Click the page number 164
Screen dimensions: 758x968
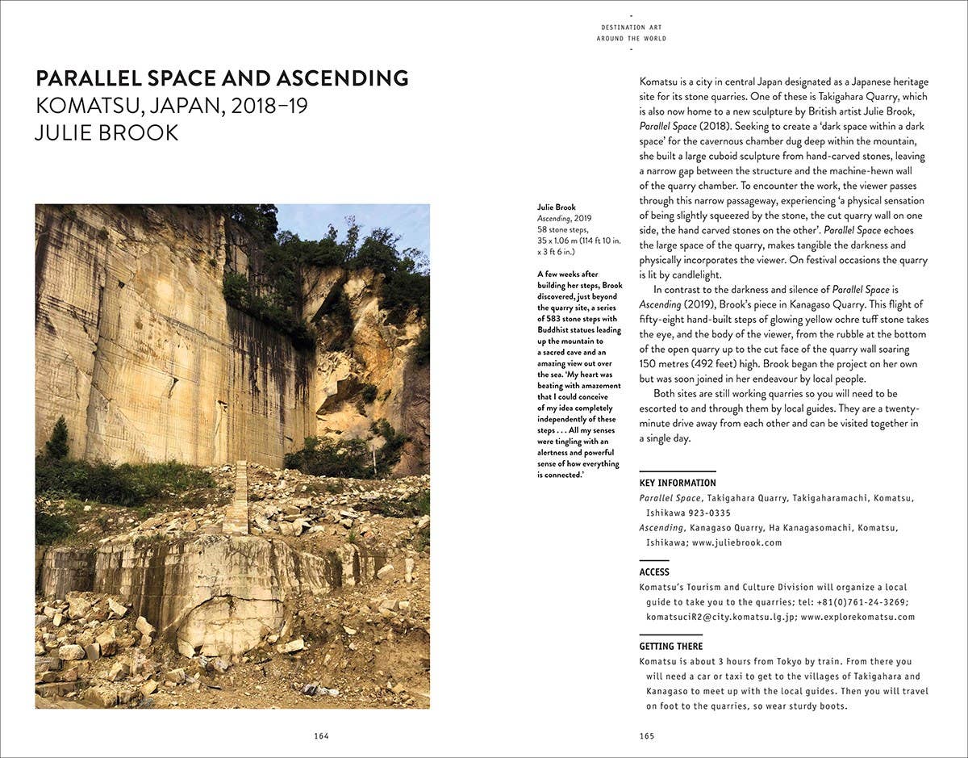pyautogui.click(x=322, y=735)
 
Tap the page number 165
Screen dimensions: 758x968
pyautogui.click(x=646, y=735)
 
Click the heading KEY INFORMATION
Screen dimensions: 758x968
pyautogui.click(x=678, y=483)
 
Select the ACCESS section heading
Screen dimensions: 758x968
pyautogui.click(x=654, y=572)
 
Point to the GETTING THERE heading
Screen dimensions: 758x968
pyautogui.click(x=671, y=647)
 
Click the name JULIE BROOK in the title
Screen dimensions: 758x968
pyautogui.click(x=106, y=132)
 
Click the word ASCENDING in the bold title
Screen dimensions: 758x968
pyautogui.click(x=342, y=79)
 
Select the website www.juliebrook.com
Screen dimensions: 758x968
pyautogui.click(x=736, y=542)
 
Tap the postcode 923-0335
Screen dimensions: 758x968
pyautogui.click(x=710, y=513)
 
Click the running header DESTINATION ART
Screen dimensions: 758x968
pyautogui.click(x=632, y=27)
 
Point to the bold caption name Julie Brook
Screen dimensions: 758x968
pyautogui.click(x=557, y=207)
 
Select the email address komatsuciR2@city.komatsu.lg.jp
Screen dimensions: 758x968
pyautogui.click(x=720, y=617)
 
